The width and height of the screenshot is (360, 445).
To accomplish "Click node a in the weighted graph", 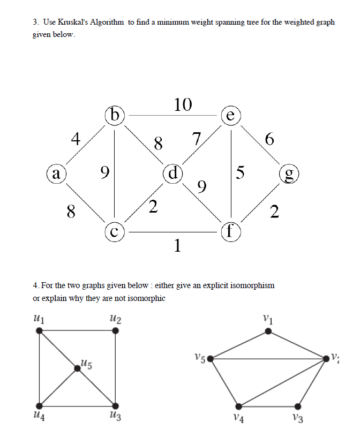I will point(56,174).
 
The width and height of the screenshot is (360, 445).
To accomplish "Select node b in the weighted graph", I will point(115,115).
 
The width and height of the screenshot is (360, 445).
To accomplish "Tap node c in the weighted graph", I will point(115,232).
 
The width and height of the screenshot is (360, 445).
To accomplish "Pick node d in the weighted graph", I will point(173,174).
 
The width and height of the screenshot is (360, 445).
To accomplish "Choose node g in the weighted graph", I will point(289,174).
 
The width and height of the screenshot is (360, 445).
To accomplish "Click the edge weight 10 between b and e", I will point(183,104).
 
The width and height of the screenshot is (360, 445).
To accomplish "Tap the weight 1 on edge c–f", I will point(177,246).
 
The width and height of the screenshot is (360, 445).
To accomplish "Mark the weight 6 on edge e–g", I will point(269,140).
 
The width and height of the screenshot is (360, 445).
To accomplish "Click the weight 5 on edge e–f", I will point(241,173).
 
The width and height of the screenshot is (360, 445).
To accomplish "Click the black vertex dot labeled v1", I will point(269,332).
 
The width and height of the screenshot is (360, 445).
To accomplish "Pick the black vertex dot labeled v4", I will point(239,406).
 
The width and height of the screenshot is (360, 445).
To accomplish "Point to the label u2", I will point(115,320).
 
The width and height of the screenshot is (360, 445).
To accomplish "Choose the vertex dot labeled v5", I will point(211,358).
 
